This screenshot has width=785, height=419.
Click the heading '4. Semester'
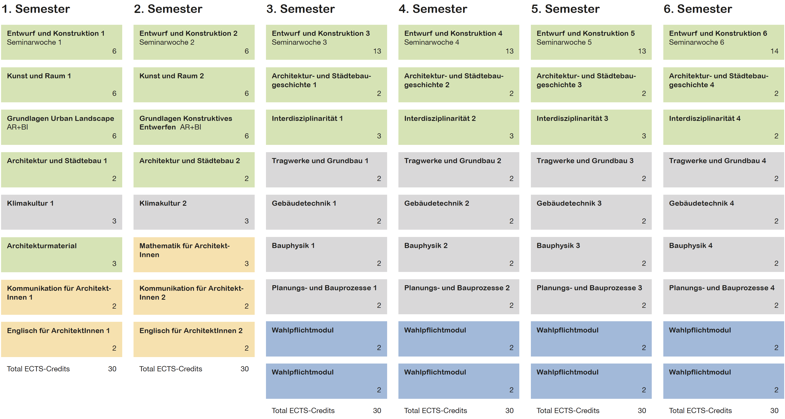click(433, 9)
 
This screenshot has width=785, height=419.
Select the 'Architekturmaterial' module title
click(42, 246)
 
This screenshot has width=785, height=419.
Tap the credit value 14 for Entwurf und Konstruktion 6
click(774, 51)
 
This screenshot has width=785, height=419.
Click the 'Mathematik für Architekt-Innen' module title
click(184, 250)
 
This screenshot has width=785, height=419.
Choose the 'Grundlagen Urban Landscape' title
click(60, 118)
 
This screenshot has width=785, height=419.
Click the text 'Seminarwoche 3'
click(299, 42)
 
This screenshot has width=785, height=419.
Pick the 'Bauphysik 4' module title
click(691, 246)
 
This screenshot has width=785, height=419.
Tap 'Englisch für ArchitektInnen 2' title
click(191, 331)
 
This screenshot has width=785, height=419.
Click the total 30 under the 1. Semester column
click(112, 369)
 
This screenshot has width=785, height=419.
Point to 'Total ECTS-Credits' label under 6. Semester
click(700, 410)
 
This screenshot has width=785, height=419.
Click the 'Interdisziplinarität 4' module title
click(705, 118)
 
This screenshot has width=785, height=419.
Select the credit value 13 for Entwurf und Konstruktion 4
click(510, 51)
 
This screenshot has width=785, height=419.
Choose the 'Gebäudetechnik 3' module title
click(569, 203)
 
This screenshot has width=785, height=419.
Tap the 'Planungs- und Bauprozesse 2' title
click(457, 288)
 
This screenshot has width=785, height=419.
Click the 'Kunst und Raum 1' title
click(39, 76)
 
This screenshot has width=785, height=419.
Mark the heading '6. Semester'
click(698, 9)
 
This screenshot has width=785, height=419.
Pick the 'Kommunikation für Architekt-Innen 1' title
click(59, 293)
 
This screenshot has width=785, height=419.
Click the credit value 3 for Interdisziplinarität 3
click(644, 136)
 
